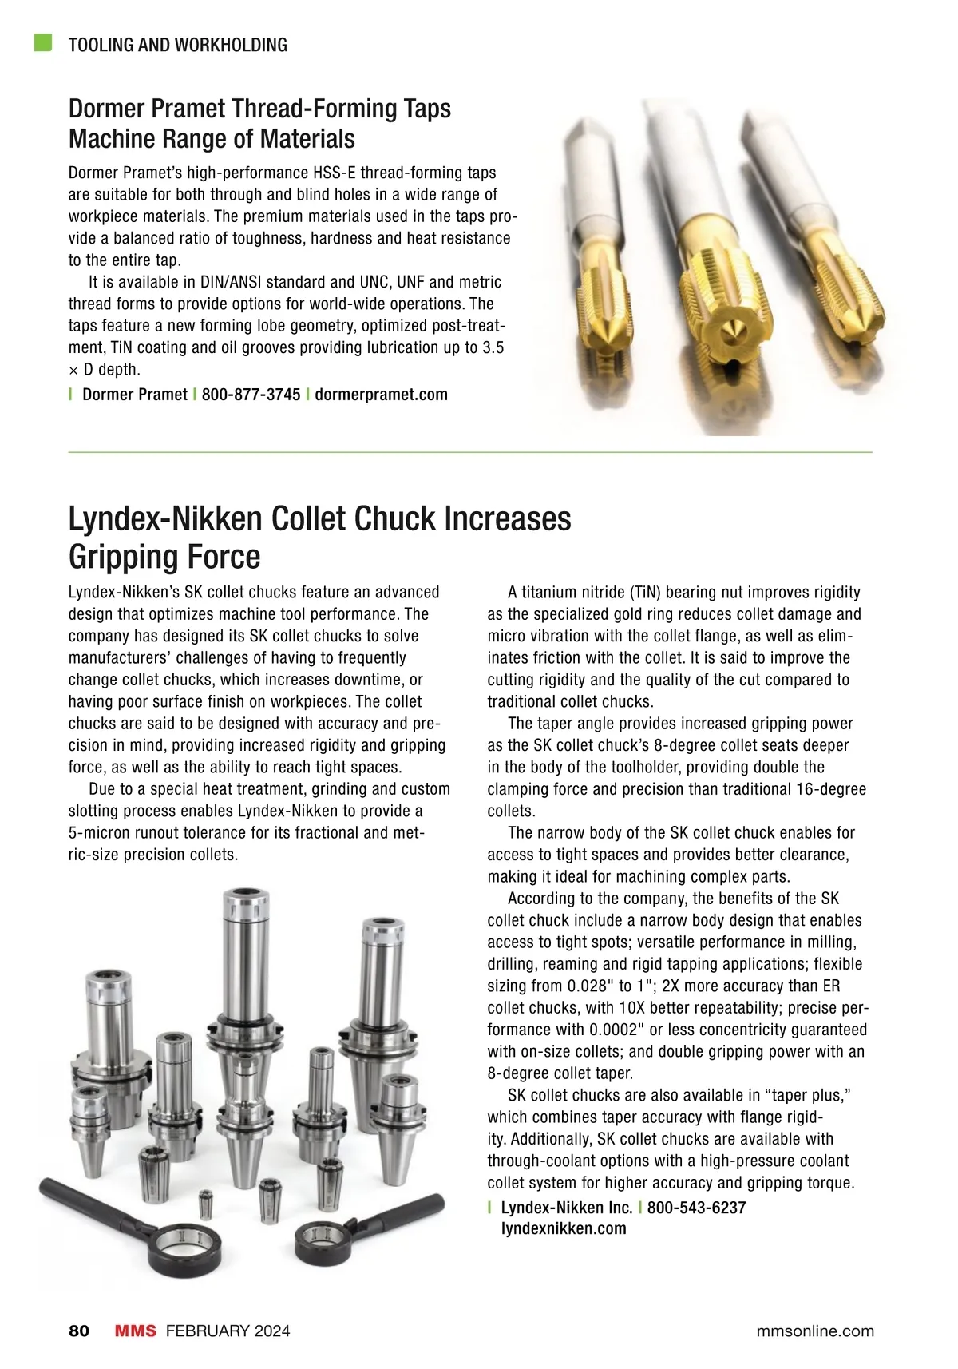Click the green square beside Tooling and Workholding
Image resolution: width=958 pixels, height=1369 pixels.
pyautogui.click(x=43, y=42)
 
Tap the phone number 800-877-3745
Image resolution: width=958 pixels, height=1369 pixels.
pyautogui.click(x=251, y=395)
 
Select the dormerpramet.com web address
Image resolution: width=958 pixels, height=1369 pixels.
pyautogui.click(x=381, y=395)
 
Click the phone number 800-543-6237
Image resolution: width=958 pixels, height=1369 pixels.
pyautogui.click(x=696, y=1208)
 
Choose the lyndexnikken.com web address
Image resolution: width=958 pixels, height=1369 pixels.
pyautogui.click(x=564, y=1229)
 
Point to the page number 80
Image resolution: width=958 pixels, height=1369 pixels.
pyautogui.click(x=79, y=1331)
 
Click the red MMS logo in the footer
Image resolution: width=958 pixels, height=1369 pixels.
pyautogui.click(x=135, y=1331)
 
